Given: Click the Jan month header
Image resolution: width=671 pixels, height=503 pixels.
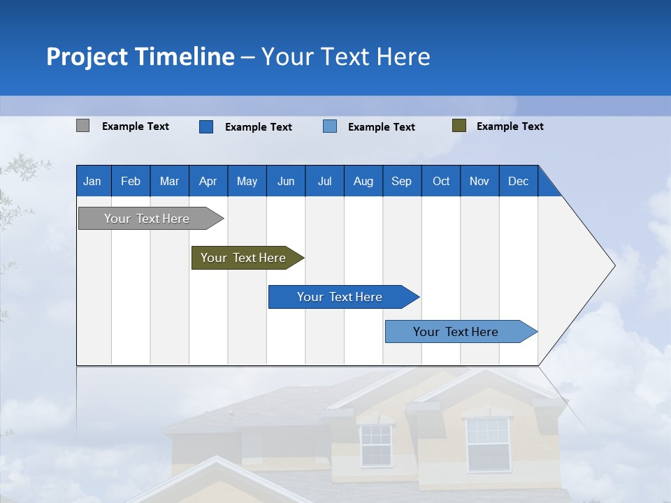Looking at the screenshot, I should [92, 181].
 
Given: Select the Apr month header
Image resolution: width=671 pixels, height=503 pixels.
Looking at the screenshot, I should [208, 181].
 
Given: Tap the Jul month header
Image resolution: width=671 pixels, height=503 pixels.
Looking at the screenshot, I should [324, 181].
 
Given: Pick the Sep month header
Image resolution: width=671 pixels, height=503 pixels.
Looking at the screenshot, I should [401, 181].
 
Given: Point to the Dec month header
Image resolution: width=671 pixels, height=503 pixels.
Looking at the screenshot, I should [518, 181].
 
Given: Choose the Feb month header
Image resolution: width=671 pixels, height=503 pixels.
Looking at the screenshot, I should [131, 181].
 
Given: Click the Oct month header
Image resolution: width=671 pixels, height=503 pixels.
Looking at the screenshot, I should [441, 181].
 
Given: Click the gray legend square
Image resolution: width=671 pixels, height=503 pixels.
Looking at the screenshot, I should [83, 126].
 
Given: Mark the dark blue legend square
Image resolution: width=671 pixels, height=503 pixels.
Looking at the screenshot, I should [206, 126].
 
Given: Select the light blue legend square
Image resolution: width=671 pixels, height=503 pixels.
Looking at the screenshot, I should [330, 126].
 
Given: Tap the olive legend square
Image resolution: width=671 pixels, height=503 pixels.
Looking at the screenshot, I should [459, 126].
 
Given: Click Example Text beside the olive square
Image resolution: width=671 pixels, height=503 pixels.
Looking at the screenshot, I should [510, 126].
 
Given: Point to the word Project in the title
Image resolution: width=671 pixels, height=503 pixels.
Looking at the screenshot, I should [87, 57].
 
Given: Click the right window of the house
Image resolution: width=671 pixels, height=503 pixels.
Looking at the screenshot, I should [487, 444].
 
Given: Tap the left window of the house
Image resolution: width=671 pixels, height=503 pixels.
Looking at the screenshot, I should [376, 445].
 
